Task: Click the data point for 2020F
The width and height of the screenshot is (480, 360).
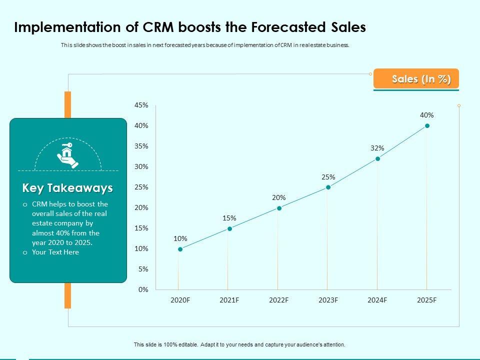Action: coord(180,249)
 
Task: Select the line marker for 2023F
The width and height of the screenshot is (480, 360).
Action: coord(328,187)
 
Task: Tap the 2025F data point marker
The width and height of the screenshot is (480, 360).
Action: coord(427,126)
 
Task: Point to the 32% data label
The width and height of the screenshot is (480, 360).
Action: coord(377,148)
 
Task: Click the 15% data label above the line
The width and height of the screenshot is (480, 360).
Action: coord(229,218)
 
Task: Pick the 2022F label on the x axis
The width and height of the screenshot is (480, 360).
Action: coord(278,300)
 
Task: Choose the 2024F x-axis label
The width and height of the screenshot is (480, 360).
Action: coord(377,300)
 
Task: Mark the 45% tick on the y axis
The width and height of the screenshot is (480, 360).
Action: coord(141,105)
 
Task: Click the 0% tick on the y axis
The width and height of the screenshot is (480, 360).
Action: coord(143,289)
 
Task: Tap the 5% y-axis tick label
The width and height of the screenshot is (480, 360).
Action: coord(143,269)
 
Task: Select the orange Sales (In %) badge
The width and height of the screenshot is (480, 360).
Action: coord(416,79)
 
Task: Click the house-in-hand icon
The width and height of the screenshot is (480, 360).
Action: coord(67,155)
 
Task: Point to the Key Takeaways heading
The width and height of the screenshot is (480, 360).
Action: coord(67,188)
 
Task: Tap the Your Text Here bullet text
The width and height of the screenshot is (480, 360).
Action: coord(55,252)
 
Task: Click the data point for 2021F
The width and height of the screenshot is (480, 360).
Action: coord(229,228)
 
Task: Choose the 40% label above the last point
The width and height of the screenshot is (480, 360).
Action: coord(426,115)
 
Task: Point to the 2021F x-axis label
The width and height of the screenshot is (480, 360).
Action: coord(229,300)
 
